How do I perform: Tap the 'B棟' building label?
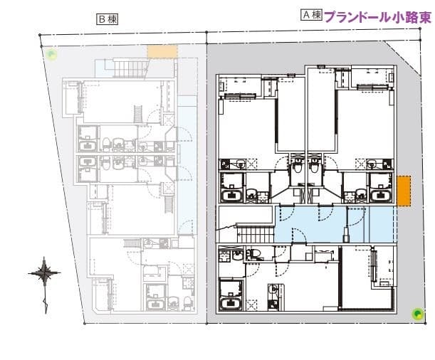(x=107, y=19)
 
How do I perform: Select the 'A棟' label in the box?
(x=311, y=15)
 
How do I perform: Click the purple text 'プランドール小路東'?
(x=377, y=16)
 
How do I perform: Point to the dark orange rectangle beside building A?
(x=404, y=191)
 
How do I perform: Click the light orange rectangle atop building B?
(x=162, y=51)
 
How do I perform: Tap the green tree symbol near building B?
(x=50, y=53)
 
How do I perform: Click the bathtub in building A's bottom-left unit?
(x=231, y=303)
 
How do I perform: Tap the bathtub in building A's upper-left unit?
(x=233, y=195)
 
